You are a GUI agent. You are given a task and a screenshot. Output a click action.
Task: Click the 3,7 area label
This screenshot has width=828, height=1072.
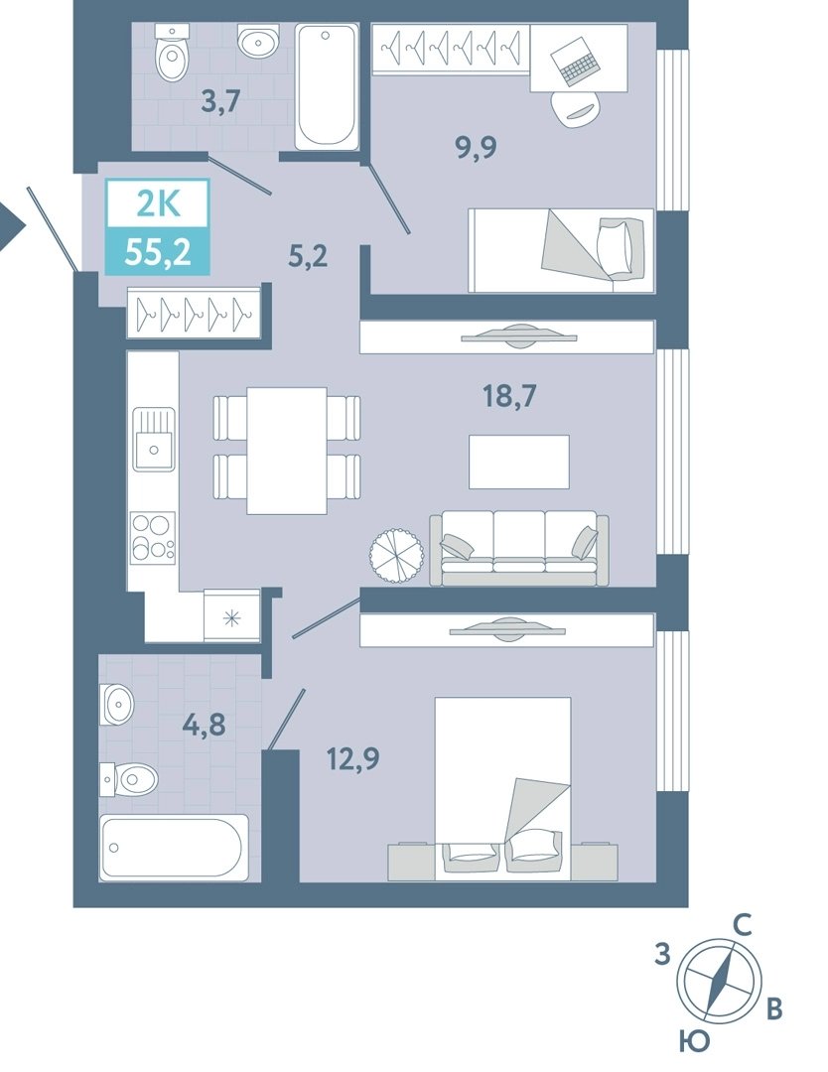220,102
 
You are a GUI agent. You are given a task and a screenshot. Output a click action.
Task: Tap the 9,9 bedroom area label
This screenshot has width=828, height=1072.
477,147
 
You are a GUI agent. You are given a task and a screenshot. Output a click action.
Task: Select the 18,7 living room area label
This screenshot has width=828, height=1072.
510,396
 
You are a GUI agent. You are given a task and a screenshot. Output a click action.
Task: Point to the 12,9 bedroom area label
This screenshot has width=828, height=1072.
352,758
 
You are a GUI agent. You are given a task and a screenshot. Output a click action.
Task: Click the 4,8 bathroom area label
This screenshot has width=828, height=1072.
204,725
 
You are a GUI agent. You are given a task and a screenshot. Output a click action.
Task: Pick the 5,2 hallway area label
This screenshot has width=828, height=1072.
309,256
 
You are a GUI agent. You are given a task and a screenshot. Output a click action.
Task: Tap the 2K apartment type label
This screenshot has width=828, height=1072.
158,203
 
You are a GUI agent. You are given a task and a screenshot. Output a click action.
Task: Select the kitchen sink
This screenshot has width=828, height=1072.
153,439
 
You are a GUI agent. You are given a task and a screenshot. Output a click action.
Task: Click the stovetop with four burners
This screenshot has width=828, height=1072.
153,537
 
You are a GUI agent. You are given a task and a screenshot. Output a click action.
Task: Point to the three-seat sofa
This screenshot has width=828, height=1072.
519,548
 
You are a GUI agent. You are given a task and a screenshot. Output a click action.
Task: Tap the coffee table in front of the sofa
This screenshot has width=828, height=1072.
519,462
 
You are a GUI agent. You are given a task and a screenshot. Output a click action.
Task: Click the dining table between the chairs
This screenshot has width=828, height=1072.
287,450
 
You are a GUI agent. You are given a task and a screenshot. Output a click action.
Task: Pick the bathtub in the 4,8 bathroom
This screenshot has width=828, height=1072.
175,847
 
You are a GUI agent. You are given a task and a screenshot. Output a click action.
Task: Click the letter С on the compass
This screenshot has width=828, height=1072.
743,926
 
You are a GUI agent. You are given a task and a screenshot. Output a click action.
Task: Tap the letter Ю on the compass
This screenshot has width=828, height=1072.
694,1042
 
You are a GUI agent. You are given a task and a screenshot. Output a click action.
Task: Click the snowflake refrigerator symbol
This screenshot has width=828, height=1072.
232,618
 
